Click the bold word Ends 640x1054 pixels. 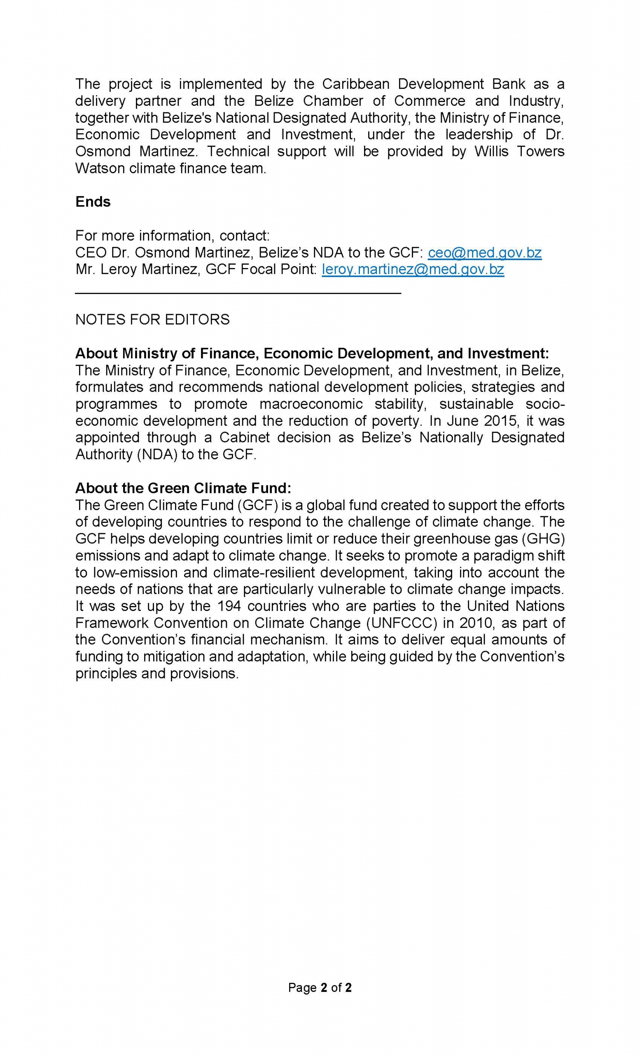tap(92, 202)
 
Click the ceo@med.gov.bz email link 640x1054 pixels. tap(484, 253)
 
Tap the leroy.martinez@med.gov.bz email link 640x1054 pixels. tap(412, 270)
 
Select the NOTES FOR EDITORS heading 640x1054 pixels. tap(152, 319)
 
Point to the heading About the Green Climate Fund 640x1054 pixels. tap(183, 488)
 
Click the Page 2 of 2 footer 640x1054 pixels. tap(320, 988)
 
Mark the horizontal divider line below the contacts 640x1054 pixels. tap(238, 293)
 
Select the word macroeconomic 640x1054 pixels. tap(311, 404)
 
